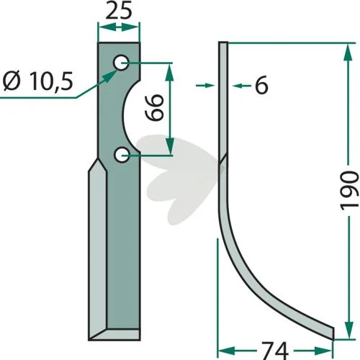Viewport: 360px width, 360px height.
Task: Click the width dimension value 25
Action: (x=119, y=12)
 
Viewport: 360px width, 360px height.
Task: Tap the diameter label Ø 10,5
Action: (x=38, y=81)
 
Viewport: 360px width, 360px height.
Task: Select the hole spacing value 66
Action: (x=155, y=107)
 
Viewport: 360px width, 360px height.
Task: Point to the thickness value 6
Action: (x=261, y=85)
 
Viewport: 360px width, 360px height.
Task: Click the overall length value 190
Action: (x=349, y=191)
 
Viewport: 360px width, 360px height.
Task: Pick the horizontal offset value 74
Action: (x=275, y=350)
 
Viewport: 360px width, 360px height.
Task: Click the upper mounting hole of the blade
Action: (x=121, y=63)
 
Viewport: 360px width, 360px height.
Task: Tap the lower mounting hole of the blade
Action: (x=122, y=155)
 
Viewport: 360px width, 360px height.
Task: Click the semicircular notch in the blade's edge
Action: (x=127, y=116)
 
